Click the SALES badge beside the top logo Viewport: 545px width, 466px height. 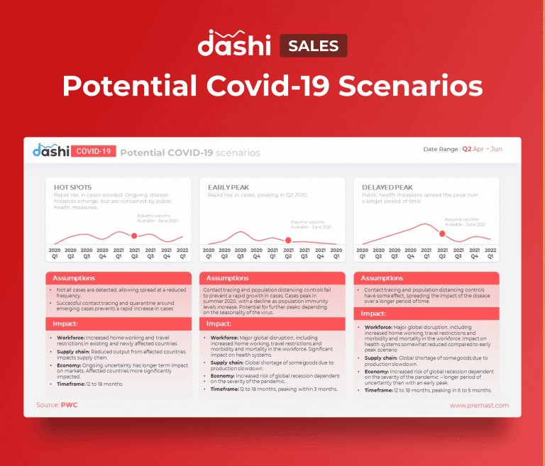click(x=313, y=46)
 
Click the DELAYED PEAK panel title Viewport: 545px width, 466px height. click(x=385, y=187)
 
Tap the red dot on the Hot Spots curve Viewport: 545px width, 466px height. click(x=133, y=235)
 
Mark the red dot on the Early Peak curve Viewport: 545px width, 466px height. click(x=287, y=241)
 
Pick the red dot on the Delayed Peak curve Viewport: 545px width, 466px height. click(x=442, y=233)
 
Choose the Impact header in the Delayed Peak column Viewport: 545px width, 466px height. click(x=374, y=314)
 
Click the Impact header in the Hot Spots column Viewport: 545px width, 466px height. click(x=65, y=323)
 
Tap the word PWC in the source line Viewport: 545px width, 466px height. click(x=69, y=405)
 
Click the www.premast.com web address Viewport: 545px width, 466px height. click(x=479, y=405)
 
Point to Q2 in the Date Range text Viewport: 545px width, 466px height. click(x=467, y=150)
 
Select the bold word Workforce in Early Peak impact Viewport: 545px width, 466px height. click(x=224, y=338)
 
